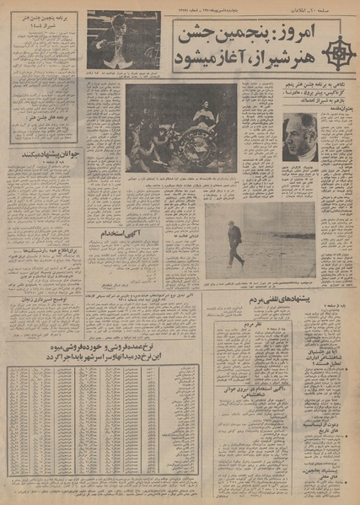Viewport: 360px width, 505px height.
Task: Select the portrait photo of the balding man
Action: pyautogui.click(x=299, y=137)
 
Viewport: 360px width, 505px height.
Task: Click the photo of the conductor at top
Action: pyautogui.click(x=122, y=39)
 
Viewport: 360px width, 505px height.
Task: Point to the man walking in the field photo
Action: pyautogui.click(x=235, y=242)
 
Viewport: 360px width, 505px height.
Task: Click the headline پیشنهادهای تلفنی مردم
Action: pyautogui.click(x=259, y=301)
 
